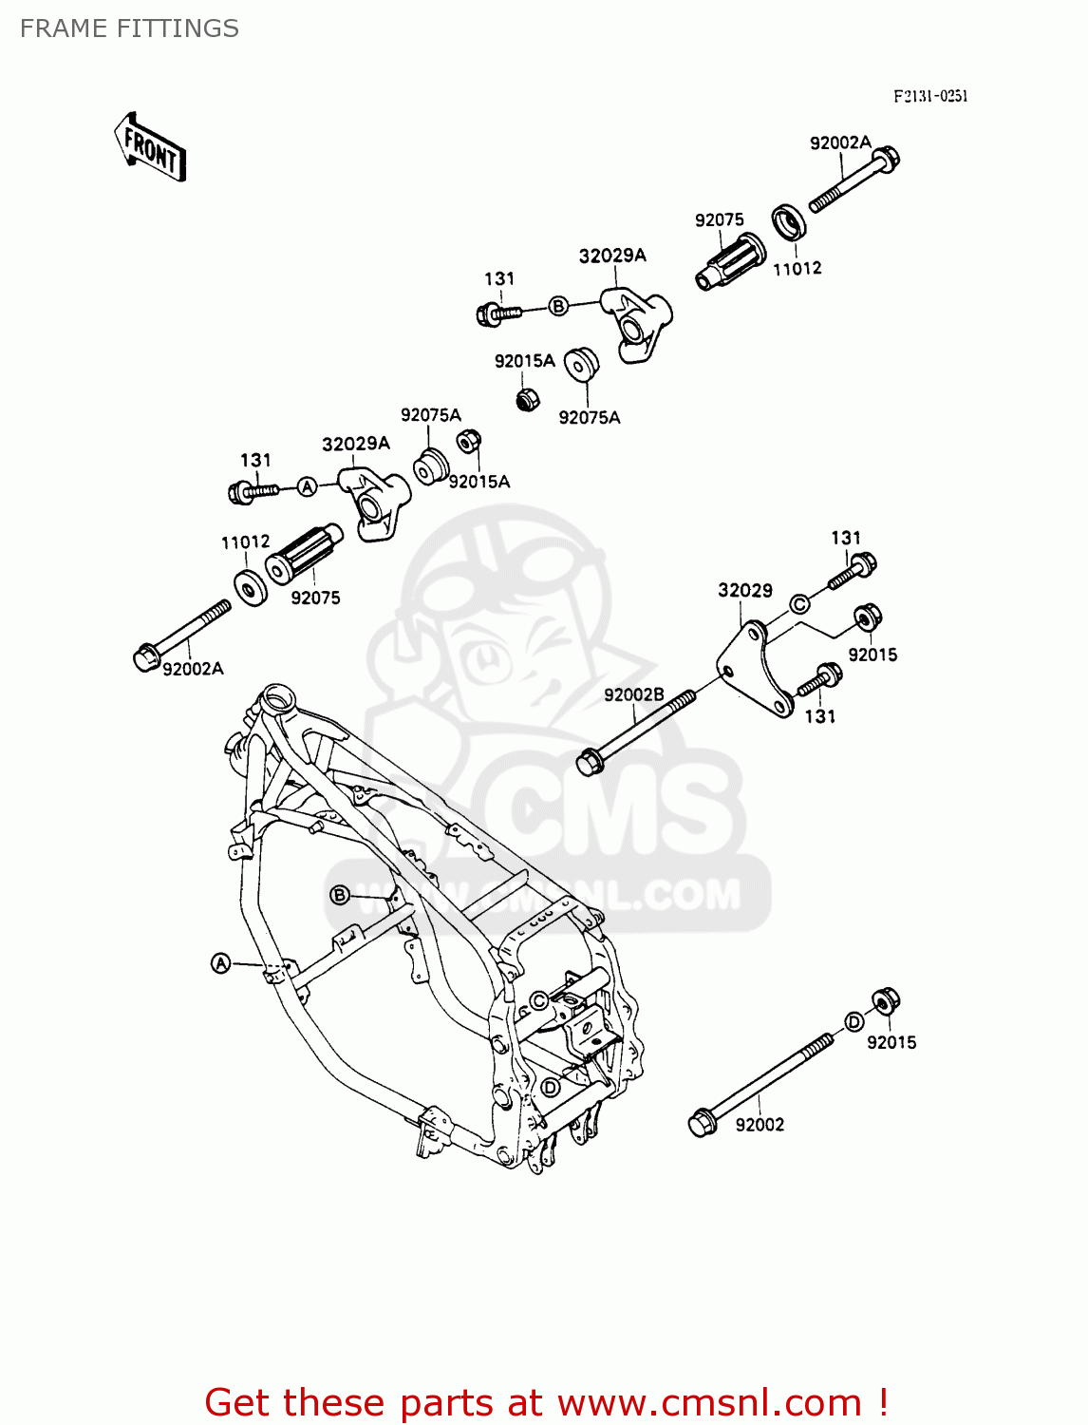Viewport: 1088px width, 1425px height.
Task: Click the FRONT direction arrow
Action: [150, 147]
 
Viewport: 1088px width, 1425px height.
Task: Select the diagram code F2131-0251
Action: [929, 96]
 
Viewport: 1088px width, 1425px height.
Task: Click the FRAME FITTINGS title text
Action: [129, 28]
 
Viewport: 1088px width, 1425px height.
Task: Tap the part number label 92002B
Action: [633, 694]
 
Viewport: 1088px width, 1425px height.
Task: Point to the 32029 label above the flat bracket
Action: [744, 590]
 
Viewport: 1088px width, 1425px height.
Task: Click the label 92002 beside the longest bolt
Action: [760, 1125]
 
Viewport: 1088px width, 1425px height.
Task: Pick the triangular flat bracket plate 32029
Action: [755, 670]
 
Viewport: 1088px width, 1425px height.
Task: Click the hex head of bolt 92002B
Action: [590, 761]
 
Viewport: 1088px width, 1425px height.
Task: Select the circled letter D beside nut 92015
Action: [854, 1021]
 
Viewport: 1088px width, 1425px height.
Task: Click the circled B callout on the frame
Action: [339, 895]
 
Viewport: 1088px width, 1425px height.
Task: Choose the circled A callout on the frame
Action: [220, 963]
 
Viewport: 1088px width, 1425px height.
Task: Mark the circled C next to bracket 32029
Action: [799, 603]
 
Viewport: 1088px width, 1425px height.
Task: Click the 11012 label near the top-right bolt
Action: [797, 269]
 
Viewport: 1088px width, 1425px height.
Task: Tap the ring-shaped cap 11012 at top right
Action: [788, 222]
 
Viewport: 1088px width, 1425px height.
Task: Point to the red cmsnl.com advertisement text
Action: [546, 1402]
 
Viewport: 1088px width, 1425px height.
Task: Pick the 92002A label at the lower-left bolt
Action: [193, 669]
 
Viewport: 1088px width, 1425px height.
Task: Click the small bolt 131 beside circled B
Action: [497, 312]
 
